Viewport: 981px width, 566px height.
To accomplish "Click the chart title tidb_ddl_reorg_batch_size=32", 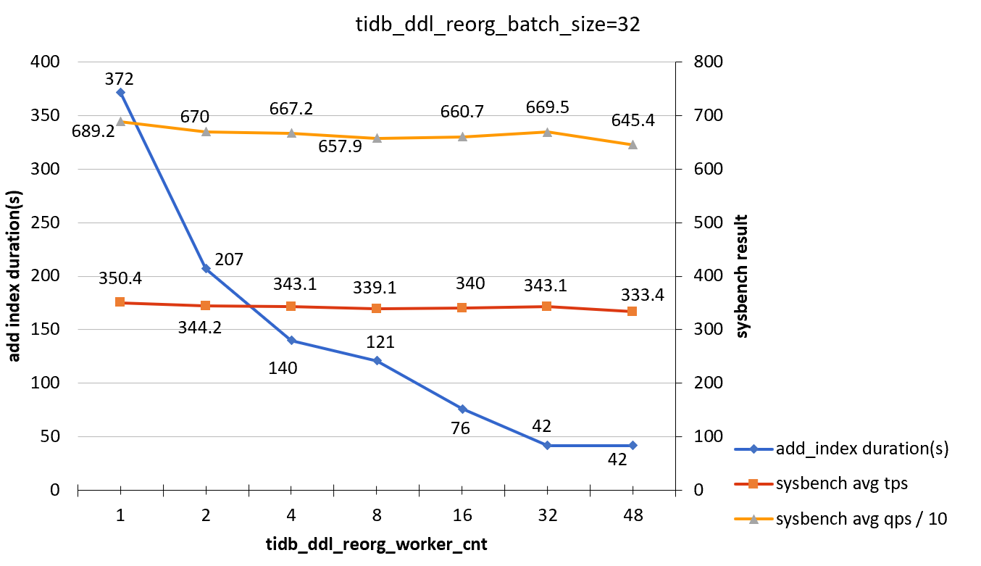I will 498,25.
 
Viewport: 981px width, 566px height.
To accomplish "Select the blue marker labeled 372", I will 120,92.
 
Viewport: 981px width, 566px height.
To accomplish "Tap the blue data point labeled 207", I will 206,268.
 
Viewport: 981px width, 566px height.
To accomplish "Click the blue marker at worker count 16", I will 462,409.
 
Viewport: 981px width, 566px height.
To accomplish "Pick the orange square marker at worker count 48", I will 633,311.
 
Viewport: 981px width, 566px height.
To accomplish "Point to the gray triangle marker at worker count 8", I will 377,138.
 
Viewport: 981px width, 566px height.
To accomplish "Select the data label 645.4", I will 633,120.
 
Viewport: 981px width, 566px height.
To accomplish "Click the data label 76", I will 460,428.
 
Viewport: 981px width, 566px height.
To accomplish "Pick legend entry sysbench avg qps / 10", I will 861,519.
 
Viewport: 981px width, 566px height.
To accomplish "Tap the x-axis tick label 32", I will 548,516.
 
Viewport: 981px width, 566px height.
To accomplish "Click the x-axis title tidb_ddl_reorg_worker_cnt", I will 376,545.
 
